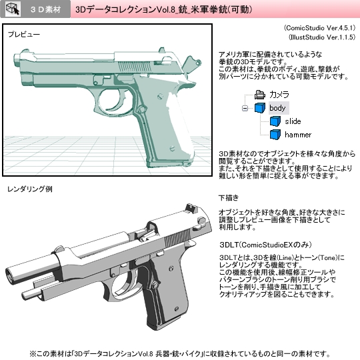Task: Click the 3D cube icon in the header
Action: pos(13,9)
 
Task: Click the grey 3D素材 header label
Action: pos(46,9)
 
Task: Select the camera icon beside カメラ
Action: pos(260,95)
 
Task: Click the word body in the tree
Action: pos(277,108)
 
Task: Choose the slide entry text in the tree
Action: pos(293,121)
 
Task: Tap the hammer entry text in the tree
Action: pos(298,135)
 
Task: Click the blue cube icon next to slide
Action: pos(275,121)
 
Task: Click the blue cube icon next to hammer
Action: pos(275,135)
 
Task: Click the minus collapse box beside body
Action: pos(245,108)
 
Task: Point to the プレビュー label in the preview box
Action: pos(24,35)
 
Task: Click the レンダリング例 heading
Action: pos(30,189)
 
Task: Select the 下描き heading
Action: pos(229,198)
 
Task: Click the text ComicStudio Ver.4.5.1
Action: pos(319,28)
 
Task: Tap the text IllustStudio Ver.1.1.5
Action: pos(322,37)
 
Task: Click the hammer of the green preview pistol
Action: pos(192,64)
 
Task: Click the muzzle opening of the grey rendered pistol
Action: pos(10,274)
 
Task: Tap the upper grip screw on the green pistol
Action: pos(161,96)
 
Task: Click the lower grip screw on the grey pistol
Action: pos(176,309)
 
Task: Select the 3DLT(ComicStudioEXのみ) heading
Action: pos(265,245)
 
